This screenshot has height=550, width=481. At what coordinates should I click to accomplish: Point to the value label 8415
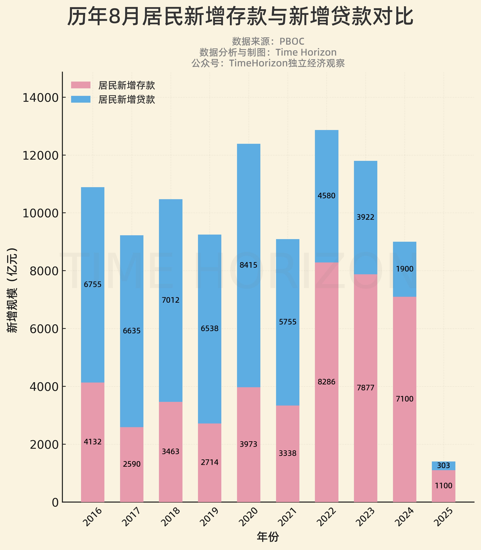click(x=248, y=265)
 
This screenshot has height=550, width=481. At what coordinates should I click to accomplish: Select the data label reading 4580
click(x=326, y=196)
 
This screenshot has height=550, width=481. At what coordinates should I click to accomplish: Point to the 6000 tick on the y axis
click(x=40, y=329)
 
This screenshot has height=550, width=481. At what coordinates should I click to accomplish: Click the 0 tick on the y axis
click(x=55, y=502)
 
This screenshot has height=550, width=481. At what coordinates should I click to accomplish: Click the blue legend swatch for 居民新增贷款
click(x=81, y=99)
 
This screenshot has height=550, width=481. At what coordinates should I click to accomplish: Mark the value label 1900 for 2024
click(x=404, y=269)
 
